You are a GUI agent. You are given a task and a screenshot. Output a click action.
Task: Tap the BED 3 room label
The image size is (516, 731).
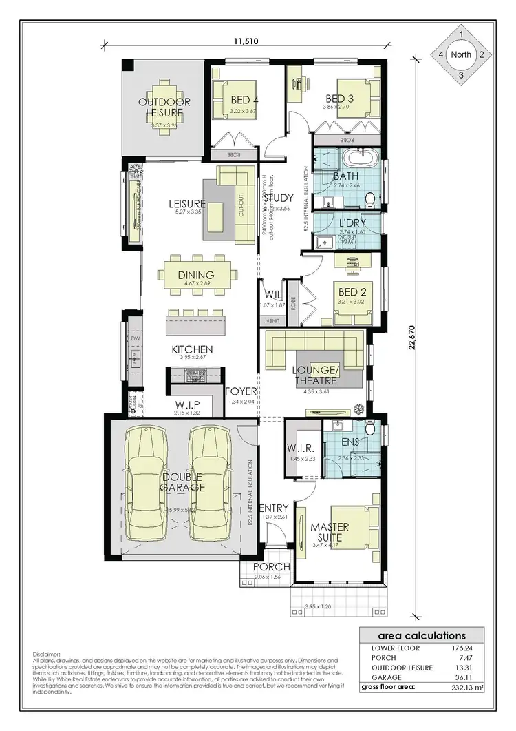pos(339,99)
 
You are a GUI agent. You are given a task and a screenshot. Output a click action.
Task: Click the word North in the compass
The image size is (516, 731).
pos(460,54)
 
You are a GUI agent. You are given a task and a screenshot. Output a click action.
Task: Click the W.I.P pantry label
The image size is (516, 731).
pos(186,404)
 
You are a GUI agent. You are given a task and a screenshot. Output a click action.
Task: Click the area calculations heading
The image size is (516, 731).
pos(422,636)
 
